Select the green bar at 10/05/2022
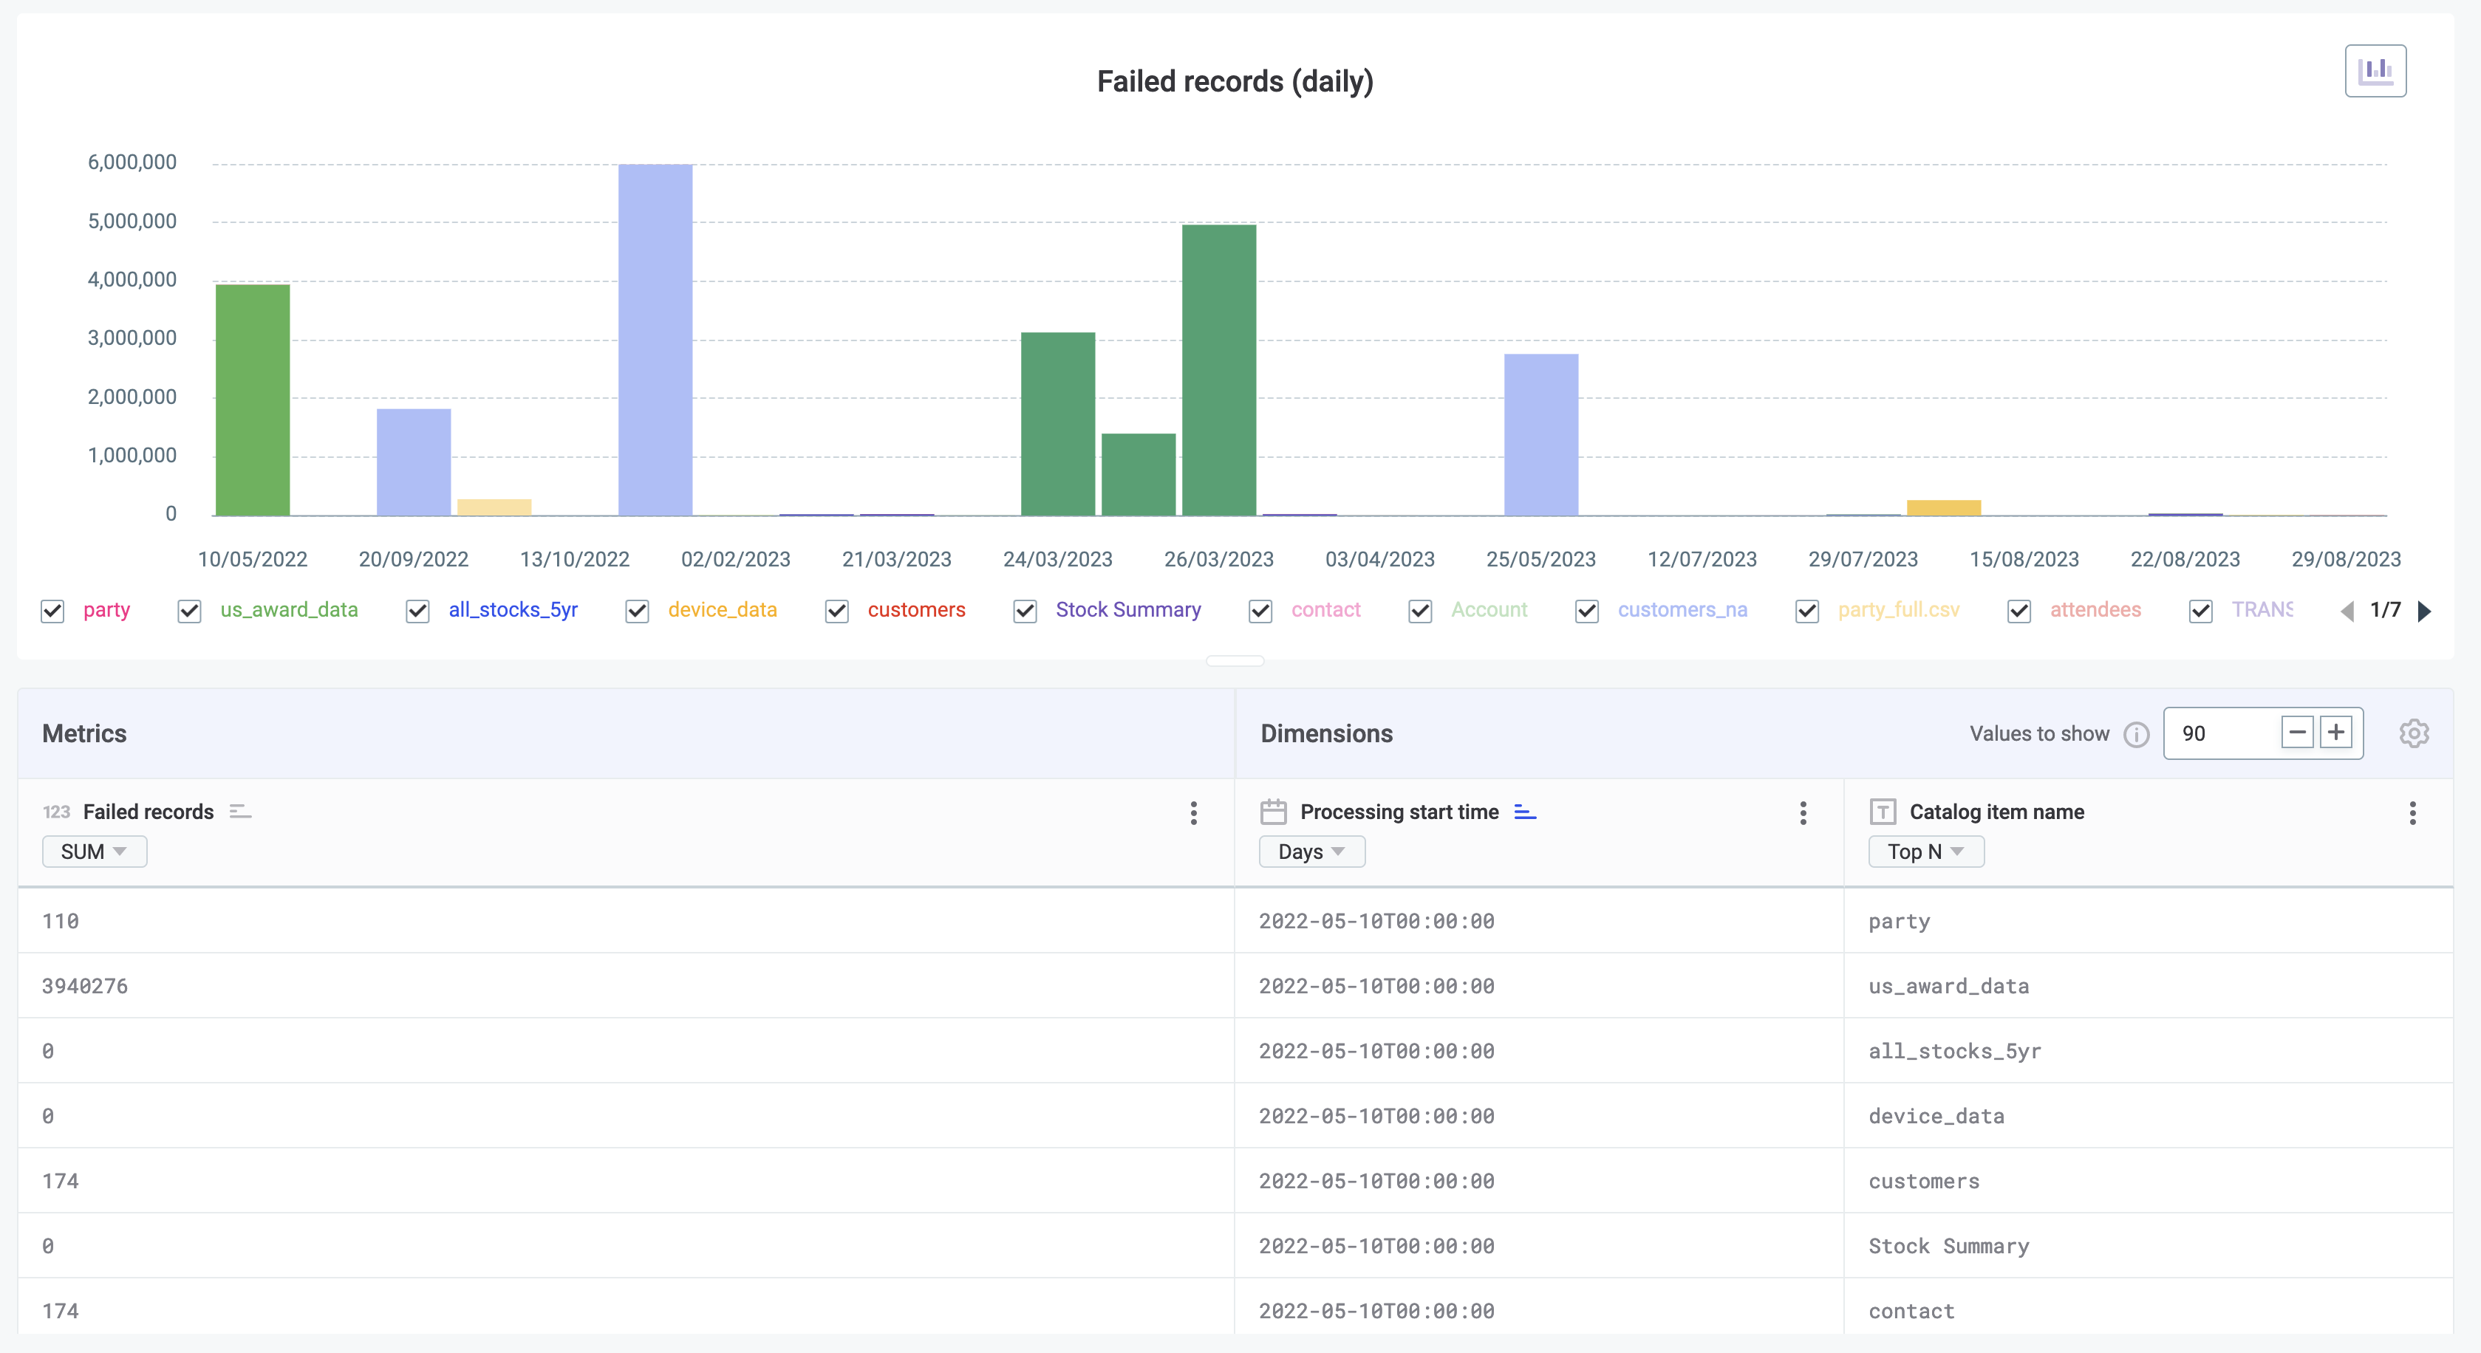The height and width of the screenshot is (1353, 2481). pos(253,399)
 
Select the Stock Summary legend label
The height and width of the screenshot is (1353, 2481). pos(1127,609)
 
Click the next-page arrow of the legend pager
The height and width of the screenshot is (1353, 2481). pos(2424,611)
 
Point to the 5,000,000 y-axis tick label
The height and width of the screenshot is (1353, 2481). pos(132,222)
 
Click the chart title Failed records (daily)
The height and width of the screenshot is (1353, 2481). pos(1235,82)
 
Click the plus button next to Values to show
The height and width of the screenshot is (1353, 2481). pos(2335,733)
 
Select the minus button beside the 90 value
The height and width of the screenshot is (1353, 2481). pos(2297,733)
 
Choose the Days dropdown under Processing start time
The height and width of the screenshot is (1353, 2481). pos(1311,852)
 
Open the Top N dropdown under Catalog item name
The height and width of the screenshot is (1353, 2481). pos(1925,852)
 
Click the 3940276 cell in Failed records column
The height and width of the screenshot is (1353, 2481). pos(85,986)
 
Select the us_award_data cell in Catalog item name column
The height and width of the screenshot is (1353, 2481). pos(1948,986)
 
